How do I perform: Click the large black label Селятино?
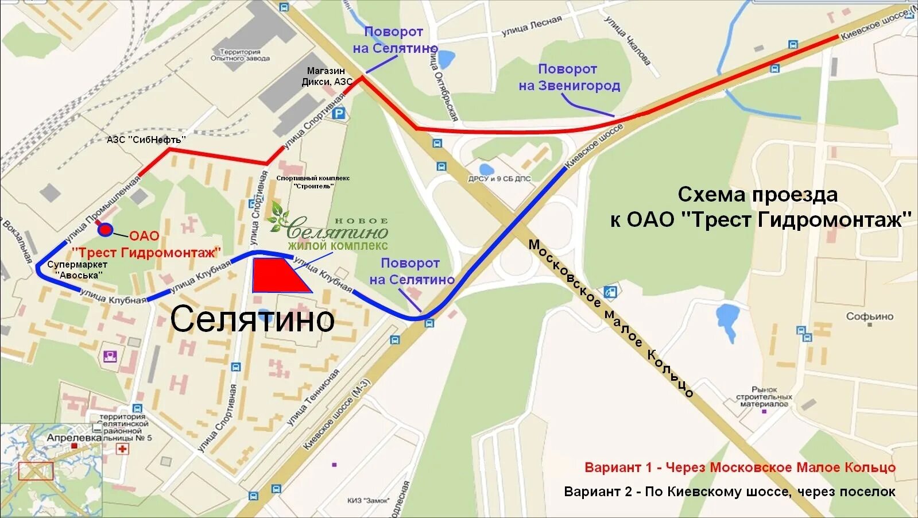[x=252, y=319]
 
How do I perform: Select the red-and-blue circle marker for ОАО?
[x=105, y=230]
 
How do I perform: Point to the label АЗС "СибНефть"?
[x=146, y=140]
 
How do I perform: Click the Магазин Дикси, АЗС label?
[x=326, y=76]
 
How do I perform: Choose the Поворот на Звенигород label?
[x=569, y=78]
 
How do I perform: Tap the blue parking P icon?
[x=339, y=114]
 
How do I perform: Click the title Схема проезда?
[x=758, y=195]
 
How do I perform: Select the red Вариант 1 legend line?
[x=739, y=467]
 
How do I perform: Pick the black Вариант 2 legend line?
[x=729, y=492]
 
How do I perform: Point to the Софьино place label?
[x=869, y=316]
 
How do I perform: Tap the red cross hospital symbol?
[x=122, y=449]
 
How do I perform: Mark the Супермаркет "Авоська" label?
[x=78, y=270]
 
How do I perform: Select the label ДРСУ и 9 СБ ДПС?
[x=499, y=179]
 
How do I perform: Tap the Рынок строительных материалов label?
[x=764, y=397]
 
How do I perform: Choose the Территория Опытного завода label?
[x=239, y=55]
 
